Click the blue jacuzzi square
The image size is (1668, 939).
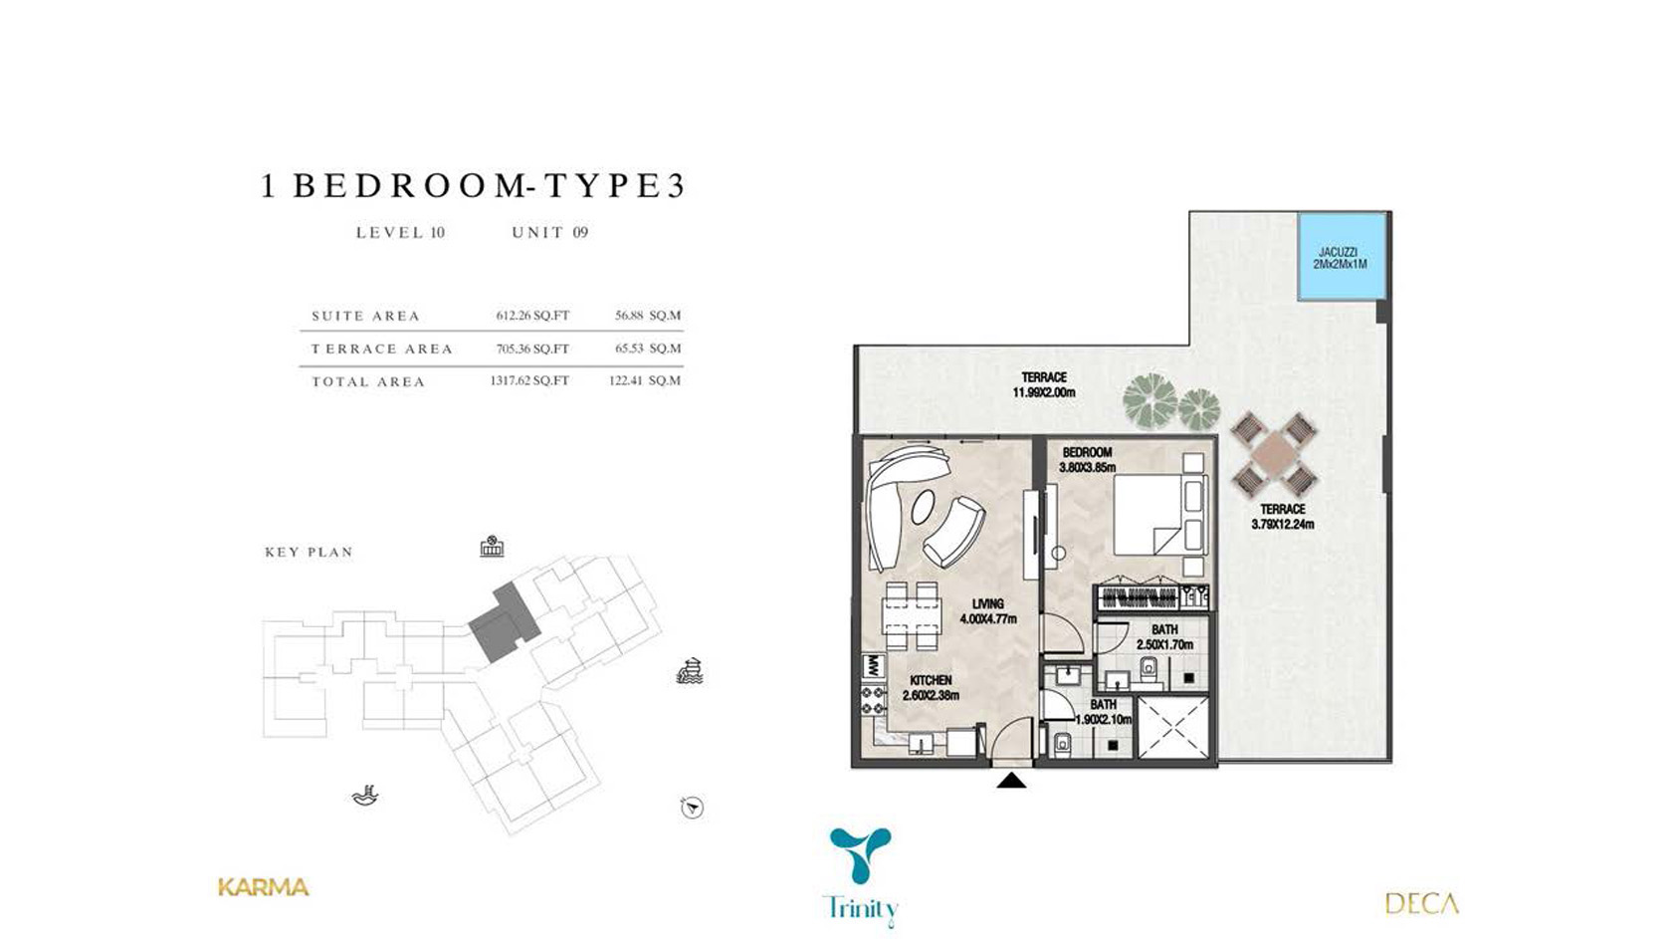(x=1342, y=257)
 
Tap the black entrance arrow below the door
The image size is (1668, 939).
(x=1011, y=781)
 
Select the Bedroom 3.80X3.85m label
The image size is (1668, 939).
(x=1087, y=460)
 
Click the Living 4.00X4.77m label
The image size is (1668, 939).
(x=988, y=611)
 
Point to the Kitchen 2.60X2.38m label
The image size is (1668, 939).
(x=931, y=688)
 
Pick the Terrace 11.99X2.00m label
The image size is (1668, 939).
(x=1044, y=384)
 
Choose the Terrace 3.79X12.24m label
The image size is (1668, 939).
(x=1282, y=517)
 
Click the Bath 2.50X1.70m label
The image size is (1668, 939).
(x=1164, y=637)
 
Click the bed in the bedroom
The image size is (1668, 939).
(x=1160, y=514)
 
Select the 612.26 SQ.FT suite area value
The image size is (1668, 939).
(x=532, y=316)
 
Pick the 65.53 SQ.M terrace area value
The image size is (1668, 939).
(x=648, y=349)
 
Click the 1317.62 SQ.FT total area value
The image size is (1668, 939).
(x=528, y=380)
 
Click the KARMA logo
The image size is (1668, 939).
(x=264, y=887)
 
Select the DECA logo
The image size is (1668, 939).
(x=1421, y=903)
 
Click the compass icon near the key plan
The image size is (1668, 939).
(x=692, y=808)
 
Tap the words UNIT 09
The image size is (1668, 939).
(x=549, y=233)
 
